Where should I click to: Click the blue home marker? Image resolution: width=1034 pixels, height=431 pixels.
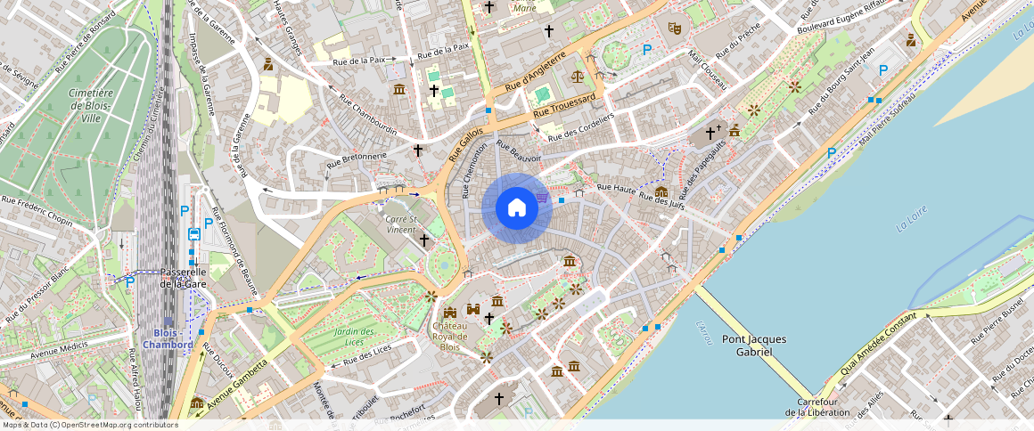pos(516,208)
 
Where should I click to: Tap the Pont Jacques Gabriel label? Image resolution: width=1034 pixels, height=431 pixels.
pos(759,345)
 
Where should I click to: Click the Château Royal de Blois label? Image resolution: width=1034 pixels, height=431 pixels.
pos(450,337)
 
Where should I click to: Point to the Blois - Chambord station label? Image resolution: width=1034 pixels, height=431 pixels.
pos(168,339)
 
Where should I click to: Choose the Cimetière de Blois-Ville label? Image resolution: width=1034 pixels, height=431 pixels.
pos(91,104)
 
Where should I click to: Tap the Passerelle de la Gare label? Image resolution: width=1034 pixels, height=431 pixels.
pos(183,278)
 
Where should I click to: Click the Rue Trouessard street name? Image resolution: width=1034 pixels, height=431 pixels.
pos(563,109)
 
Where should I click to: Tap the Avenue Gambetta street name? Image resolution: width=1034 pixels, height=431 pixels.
pos(237,384)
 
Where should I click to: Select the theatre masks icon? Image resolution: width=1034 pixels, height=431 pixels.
pos(675,28)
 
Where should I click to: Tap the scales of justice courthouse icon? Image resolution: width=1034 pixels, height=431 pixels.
pos(580,77)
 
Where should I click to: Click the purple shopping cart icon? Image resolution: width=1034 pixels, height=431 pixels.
pos(542,197)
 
